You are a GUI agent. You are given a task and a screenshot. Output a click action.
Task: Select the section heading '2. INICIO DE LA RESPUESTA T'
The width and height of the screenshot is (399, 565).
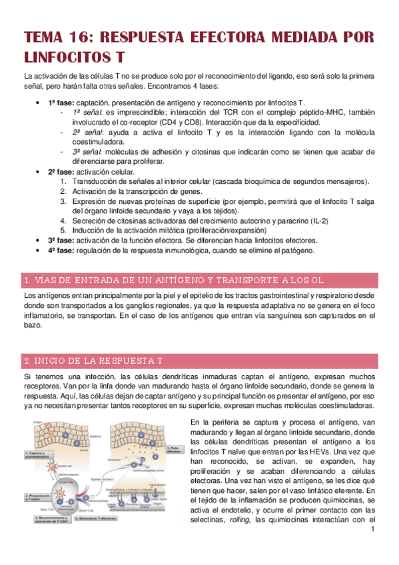(93, 360)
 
